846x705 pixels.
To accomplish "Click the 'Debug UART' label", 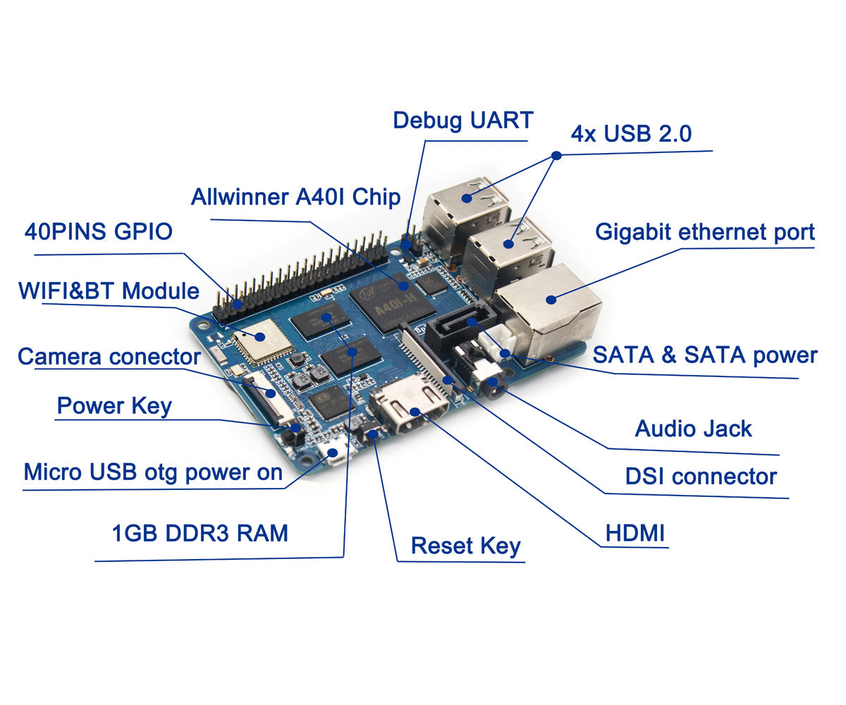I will click(462, 120).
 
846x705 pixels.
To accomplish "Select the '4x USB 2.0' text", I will click(631, 134).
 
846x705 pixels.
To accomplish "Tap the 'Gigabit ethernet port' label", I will click(705, 232).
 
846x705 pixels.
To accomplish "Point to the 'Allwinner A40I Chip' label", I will click(295, 197).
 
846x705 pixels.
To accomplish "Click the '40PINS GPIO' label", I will click(99, 231).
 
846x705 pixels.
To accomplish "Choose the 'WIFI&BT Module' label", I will click(109, 290).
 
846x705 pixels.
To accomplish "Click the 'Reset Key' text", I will click(465, 546).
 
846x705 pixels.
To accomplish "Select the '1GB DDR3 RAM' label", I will click(200, 533).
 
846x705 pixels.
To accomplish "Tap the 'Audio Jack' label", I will click(693, 429).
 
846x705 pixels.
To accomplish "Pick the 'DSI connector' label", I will click(701, 477).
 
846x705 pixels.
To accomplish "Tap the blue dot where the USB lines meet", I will click(556, 155).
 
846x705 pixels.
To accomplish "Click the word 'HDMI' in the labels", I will click(634, 534).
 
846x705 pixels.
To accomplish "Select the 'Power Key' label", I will click(114, 407).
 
